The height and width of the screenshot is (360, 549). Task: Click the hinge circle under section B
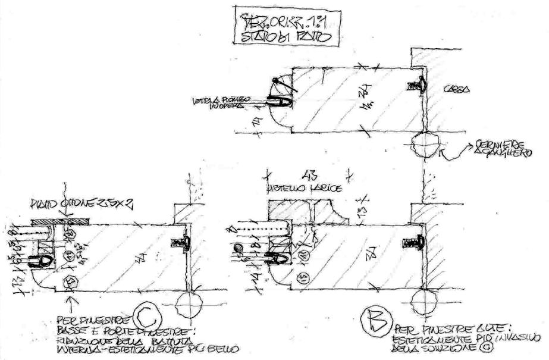click(423, 301)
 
